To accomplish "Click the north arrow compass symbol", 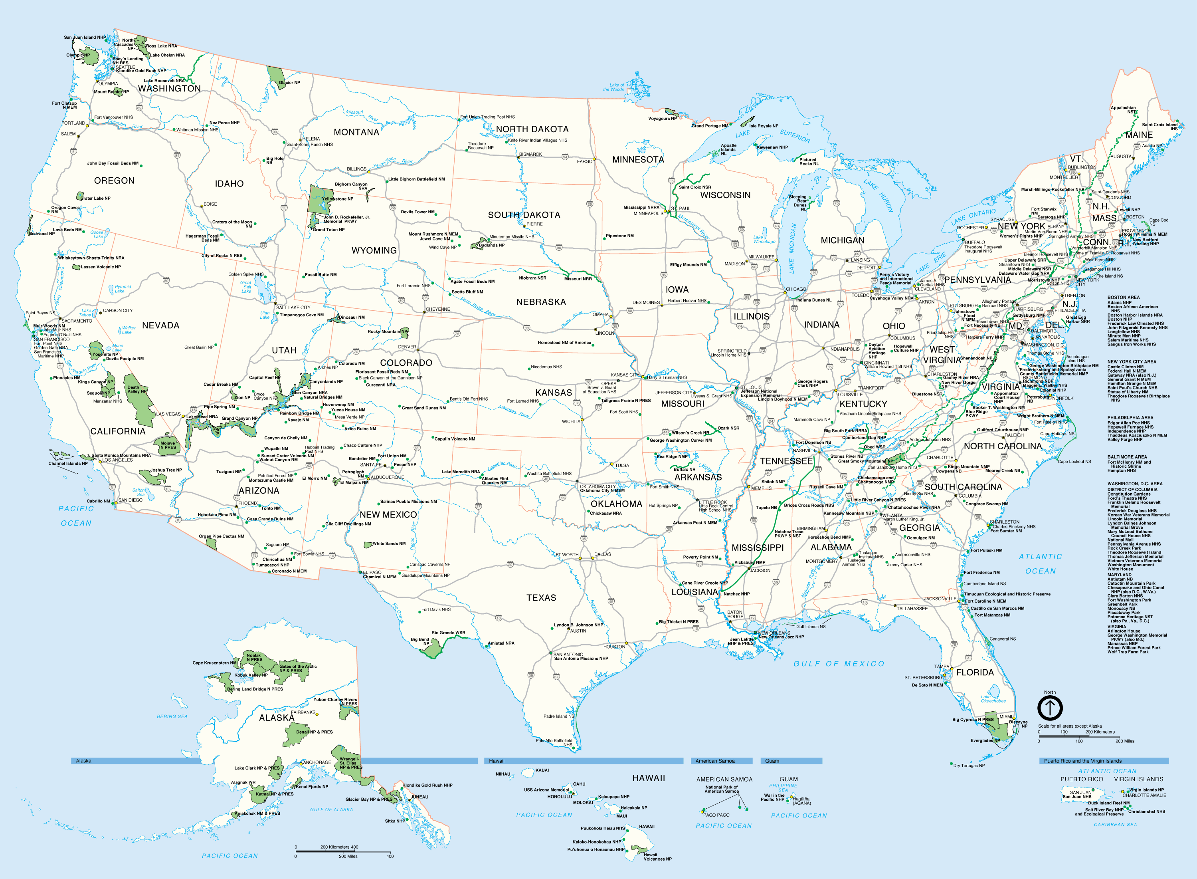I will (x=1050, y=708).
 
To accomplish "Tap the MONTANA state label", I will (x=356, y=132).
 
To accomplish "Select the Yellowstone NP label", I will (x=337, y=199).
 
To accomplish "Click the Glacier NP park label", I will (x=289, y=83).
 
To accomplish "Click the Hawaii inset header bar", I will (x=584, y=761).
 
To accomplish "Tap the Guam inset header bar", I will (x=791, y=761).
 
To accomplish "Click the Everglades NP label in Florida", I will (x=985, y=740).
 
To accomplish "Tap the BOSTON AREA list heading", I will (x=1123, y=298).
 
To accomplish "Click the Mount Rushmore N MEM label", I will (x=433, y=234).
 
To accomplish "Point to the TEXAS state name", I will (x=541, y=597).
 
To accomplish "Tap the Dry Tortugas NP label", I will (x=968, y=766).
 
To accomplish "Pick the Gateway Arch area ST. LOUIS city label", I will (x=751, y=387).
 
